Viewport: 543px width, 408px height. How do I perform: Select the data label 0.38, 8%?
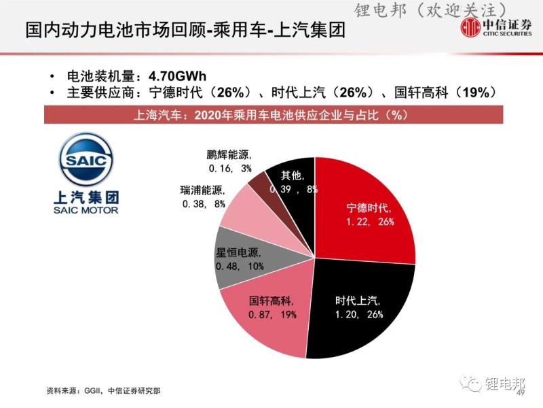pyautogui.click(x=203, y=203)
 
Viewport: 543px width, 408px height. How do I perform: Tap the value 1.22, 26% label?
pyautogui.click(x=371, y=221)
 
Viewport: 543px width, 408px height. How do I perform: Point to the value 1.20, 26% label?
pyautogui.click(x=360, y=314)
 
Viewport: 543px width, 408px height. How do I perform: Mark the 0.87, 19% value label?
pyautogui.click(x=271, y=314)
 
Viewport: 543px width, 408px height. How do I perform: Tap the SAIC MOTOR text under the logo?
pyautogui.click(x=86, y=210)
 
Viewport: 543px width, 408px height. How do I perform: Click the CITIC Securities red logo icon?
pyautogui.click(x=471, y=29)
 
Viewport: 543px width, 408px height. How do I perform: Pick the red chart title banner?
pyautogui.click(x=271, y=115)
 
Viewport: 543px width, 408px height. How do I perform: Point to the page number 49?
pyautogui.click(x=521, y=394)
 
